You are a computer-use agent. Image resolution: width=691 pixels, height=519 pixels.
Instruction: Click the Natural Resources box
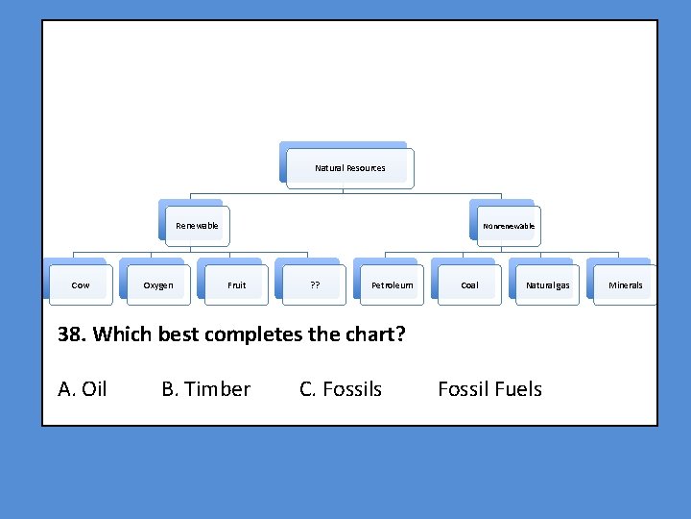350,168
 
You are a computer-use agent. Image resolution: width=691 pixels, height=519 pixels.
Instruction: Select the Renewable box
197,226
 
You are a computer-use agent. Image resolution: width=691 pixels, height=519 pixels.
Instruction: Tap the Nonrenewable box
509,226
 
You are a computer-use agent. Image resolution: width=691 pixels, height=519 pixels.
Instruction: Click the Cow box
81,285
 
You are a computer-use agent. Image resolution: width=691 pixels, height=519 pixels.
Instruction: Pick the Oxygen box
158,285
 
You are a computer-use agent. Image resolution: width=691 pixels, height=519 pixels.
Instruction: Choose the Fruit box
236,285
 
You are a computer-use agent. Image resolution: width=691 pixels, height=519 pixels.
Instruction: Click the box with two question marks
315,285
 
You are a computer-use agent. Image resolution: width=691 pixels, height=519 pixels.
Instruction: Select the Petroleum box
393,285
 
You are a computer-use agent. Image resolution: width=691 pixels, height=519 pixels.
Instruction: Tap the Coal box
469,285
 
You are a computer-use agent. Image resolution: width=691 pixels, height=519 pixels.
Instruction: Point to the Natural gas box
547,285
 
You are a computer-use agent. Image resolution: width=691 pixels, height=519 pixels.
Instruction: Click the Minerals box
626,285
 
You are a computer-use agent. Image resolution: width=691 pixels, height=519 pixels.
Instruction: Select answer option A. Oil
83,389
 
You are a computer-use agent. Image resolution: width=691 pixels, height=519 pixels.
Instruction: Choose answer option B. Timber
205,389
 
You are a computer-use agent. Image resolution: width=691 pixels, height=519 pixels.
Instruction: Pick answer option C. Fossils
341,389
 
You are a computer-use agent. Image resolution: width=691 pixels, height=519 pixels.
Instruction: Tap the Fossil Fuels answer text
489,389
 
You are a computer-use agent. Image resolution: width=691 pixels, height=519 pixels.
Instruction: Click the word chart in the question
378,334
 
